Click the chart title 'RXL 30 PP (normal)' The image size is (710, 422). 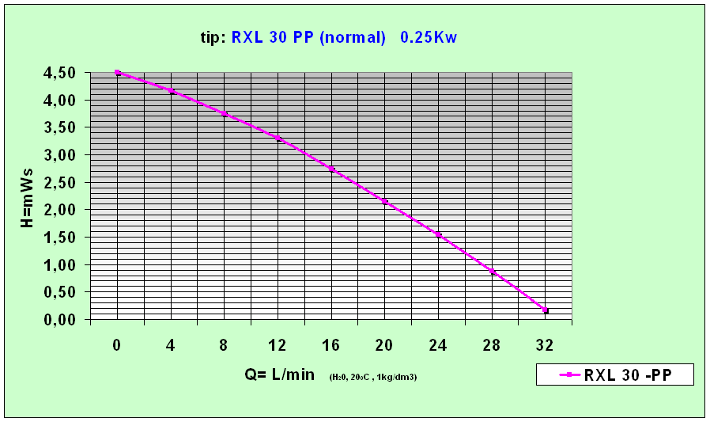click(x=308, y=37)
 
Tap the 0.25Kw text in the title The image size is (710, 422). click(x=429, y=37)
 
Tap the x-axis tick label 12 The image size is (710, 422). click(x=278, y=345)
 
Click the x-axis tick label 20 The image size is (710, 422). click(x=384, y=345)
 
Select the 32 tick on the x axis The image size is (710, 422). click(x=545, y=345)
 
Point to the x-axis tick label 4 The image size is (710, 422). click(x=171, y=345)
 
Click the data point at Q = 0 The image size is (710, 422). click(x=118, y=73)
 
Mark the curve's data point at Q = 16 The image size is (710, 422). click(x=331, y=169)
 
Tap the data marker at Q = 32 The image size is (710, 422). click(x=545, y=310)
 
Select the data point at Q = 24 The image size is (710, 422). click(x=438, y=234)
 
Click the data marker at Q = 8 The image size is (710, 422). click(x=225, y=114)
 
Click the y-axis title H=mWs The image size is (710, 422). click(x=27, y=196)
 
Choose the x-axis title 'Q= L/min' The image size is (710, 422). click(x=281, y=374)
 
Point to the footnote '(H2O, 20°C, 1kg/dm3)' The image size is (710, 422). click(x=372, y=377)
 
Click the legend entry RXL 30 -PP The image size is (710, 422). click(x=615, y=375)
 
